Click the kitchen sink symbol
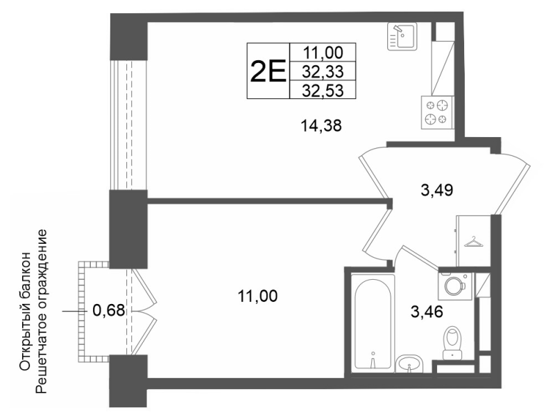point(402,37)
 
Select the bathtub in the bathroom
point(373,323)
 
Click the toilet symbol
point(452,343)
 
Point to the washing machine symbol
point(455,286)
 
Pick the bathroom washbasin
point(409,364)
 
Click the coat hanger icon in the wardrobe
point(474,242)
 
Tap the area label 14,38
point(321,125)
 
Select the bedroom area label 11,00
point(257,296)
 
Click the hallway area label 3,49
point(437,190)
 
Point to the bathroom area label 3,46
point(427,312)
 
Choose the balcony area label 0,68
point(109,311)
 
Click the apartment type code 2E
point(268,71)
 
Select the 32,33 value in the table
point(323,72)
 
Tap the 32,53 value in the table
point(323,91)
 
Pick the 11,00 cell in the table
point(323,53)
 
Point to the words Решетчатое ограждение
point(42,312)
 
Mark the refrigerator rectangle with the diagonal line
point(443,68)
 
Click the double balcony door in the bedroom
point(144,311)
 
